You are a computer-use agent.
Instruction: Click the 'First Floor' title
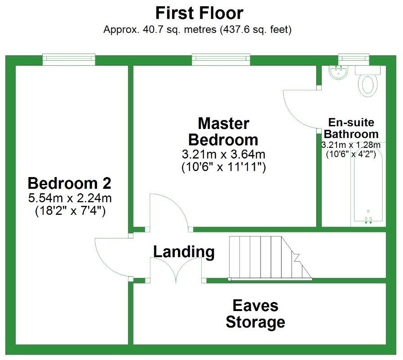[199, 13]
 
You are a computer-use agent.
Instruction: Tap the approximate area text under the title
[198, 30]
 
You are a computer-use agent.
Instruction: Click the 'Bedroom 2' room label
[70, 183]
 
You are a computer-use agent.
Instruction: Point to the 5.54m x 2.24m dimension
[70, 198]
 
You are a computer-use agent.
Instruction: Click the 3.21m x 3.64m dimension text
[223, 155]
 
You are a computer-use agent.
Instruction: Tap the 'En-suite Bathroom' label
[351, 128]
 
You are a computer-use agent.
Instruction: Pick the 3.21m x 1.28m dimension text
[351, 145]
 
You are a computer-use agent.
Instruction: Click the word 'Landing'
[184, 252]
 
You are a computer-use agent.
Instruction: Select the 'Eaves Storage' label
[255, 314]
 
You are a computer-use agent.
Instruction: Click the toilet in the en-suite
[369, 84]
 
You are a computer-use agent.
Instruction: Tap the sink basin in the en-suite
[338, 72]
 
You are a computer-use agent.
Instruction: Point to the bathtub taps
[368, 219]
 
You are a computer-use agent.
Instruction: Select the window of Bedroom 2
[69, 59]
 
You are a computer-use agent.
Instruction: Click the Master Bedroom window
[221, 59]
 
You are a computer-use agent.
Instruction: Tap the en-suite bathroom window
[353, 59]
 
